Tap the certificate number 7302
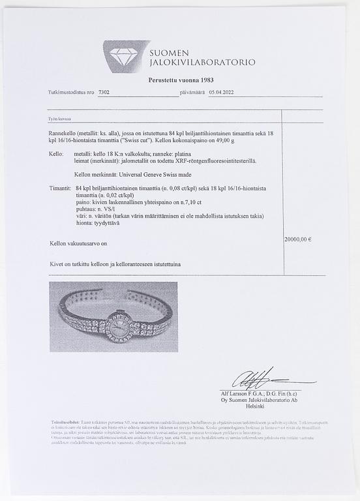[x=104, y=93]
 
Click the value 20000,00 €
[x=298, y=239]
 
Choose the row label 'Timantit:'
[x=60, y=187]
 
